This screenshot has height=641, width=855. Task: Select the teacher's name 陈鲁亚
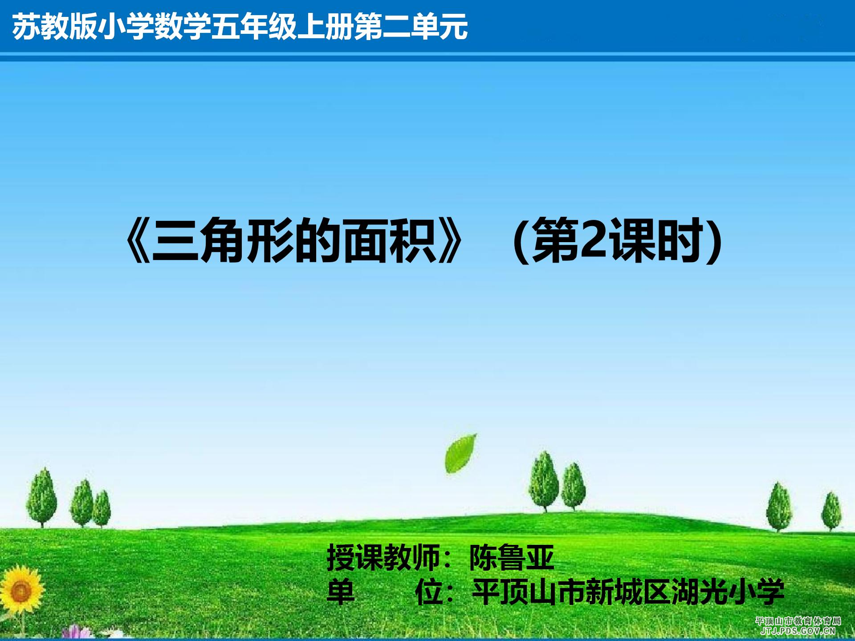[x=512, y=558]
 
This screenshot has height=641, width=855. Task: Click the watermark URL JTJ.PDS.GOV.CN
[x=798, y=630]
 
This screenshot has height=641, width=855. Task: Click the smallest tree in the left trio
[x=102, y=509]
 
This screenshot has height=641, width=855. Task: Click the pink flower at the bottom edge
[x=76, y=633]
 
